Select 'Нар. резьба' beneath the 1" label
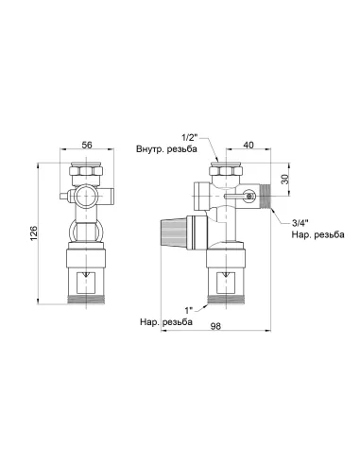click(165, 321)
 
